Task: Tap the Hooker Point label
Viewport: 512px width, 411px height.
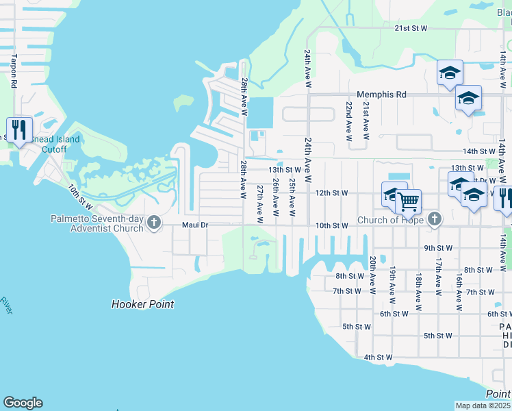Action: click(x=142, y=304)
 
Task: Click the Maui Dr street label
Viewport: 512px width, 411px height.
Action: click(x=194, y=225)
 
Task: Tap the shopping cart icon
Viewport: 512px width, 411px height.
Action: click(x=409, y=202)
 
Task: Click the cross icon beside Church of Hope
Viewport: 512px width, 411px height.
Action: click(x=433, y=220)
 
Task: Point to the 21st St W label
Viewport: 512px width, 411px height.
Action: click(x=411, y=28)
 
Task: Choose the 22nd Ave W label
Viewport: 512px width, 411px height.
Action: click(x=349, y=122)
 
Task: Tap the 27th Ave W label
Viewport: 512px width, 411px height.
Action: click(x=260, y=203)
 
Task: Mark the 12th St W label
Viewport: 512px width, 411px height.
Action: click(x=333, y=192)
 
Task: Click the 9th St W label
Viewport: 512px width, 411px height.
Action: click(x=439, y=248)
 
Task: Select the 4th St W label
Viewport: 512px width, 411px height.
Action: click(x=378, y=357)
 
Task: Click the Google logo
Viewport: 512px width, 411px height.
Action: click(x=23, y=403)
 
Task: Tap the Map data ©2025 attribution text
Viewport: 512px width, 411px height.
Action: click(x=483, y=406)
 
